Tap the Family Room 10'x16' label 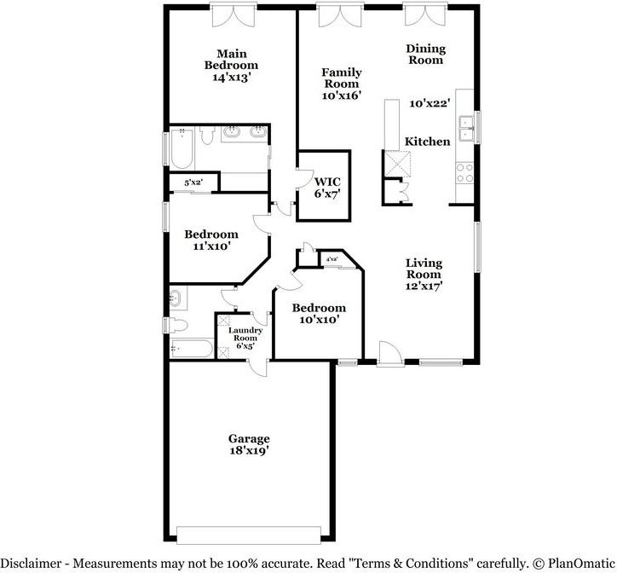[341, 84]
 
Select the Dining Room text [424, 55]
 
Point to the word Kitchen [427, 142]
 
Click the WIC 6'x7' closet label [328, 188]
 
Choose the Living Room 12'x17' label [424, 275]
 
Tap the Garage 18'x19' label [249, 444]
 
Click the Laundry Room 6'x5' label [245, 339]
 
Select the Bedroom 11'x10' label [211, 240]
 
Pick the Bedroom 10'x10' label [319, 314]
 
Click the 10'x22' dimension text [429, 103]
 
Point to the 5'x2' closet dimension [193, 182]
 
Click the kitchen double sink [465, 129]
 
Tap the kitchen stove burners [465, 174]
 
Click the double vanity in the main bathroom [245, 133]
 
